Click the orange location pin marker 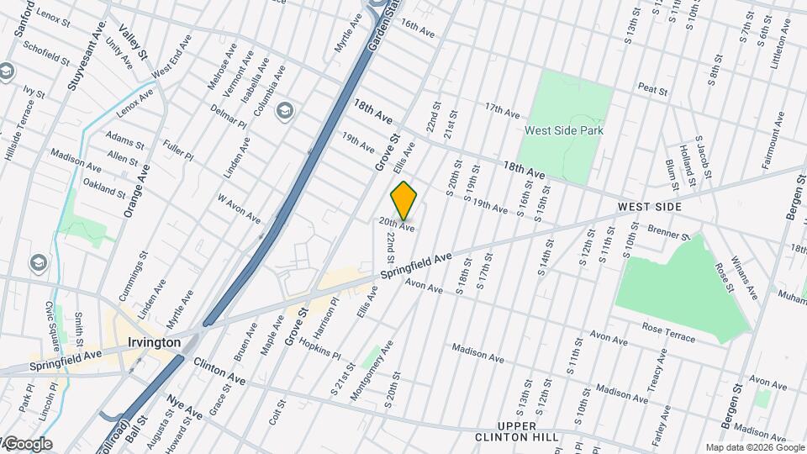coord(404,200)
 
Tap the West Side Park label coord(564,130)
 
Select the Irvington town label coord(154,343)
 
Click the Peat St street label coord(652,87)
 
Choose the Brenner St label coord(669,231)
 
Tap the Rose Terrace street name coord(668,332)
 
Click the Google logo coord(28,444)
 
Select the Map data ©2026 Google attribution coord(754,447)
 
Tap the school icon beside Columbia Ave coord(286,110)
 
